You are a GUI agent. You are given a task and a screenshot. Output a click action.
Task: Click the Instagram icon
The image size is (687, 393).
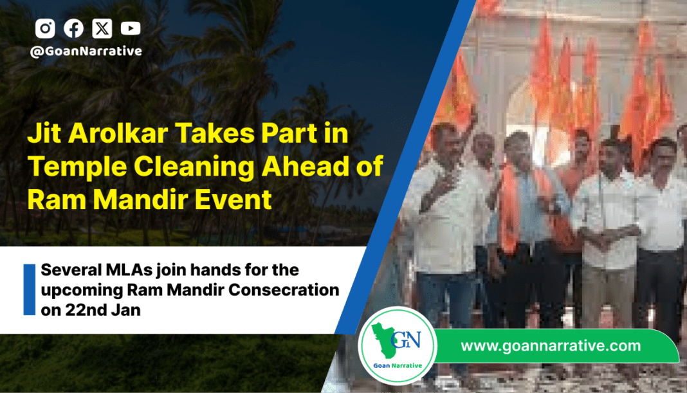tap(45, 28)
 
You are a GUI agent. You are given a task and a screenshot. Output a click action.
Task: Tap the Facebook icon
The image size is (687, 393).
tap(73, 28)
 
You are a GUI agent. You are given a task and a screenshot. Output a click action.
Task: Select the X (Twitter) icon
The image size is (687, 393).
tap(102, 28)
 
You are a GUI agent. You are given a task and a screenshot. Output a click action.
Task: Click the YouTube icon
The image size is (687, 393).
tap(131, 28)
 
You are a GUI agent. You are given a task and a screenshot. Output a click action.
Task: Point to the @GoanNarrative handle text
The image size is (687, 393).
tap(86, 51)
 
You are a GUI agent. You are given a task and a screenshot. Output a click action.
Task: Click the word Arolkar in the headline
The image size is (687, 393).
tap(118, 133)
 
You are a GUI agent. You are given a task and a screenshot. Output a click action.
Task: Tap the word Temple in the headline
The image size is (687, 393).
tap(77, 167)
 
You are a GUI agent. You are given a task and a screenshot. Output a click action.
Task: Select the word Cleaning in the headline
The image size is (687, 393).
tap(194, 167)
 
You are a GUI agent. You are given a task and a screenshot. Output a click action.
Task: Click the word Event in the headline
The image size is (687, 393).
tap(233, 200)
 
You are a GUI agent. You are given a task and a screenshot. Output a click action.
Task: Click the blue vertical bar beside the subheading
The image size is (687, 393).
tap(30, 289)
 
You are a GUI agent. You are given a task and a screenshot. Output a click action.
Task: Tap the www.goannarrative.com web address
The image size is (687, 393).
tap(551, 345)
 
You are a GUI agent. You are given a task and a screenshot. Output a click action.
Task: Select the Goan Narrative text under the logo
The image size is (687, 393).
tap(398, 365)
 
